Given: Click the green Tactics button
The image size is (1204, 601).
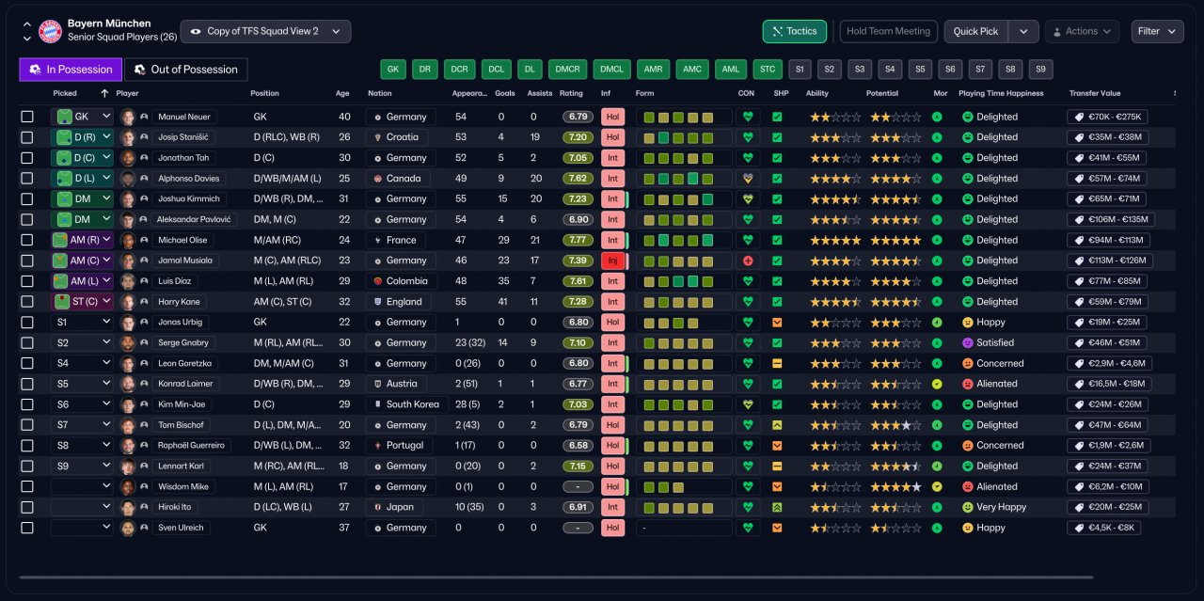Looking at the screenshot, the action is coord(795,31).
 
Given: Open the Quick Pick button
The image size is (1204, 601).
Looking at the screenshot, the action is coord(975,31).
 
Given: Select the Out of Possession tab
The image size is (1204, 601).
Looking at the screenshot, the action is coord(186,70).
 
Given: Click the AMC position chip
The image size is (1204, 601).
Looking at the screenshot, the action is coord(691,70).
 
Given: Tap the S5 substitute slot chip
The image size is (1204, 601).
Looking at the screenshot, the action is coord(920,70).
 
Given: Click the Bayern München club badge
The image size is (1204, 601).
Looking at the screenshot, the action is coord(50,31).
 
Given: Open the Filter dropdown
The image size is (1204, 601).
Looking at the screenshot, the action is coord(1157,31).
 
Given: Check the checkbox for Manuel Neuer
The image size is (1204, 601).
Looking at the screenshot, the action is coord(27,117).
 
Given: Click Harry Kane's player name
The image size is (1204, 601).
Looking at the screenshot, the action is coord(179,302).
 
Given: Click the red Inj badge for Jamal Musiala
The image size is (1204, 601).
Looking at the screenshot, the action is coord(612,261).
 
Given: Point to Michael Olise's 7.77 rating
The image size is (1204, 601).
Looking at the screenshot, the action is coord(578,240).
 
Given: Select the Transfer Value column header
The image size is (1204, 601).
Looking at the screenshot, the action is coord(1095,93).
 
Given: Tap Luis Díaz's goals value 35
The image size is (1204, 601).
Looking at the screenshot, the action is coord(503,281).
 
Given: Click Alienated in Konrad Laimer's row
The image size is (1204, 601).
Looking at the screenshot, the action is coord(996,384).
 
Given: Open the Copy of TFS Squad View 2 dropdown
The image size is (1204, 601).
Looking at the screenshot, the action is coord(265,31).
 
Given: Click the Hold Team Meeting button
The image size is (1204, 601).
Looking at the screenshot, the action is coord(888,31).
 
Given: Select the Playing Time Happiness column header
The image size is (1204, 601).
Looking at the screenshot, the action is coord(1001,93).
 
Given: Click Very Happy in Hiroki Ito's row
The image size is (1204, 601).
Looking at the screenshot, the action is coord(1002,507).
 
